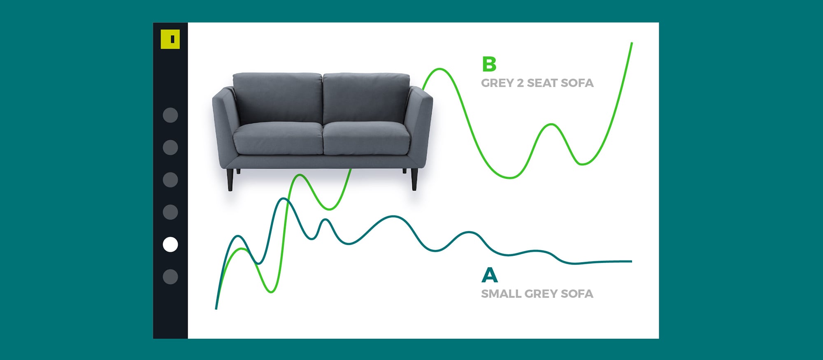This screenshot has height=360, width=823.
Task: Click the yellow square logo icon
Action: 170,39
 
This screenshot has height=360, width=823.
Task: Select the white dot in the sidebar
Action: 170,244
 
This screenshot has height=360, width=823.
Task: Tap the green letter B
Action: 489,64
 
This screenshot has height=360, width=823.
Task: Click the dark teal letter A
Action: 490,275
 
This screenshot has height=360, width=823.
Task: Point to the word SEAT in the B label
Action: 542,83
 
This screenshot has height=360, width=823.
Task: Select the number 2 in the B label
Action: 520,83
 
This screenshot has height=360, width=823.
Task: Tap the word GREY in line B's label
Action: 497,83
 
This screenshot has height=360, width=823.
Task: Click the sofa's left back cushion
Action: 278,98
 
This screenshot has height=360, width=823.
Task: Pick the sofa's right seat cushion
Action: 366,138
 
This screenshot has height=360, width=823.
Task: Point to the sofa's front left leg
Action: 230,180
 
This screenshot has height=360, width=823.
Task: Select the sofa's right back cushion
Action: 366,98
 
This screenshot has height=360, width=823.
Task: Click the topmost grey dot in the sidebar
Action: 170,115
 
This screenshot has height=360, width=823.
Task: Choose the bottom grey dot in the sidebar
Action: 170,277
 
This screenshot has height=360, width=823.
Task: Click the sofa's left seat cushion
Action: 278,138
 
